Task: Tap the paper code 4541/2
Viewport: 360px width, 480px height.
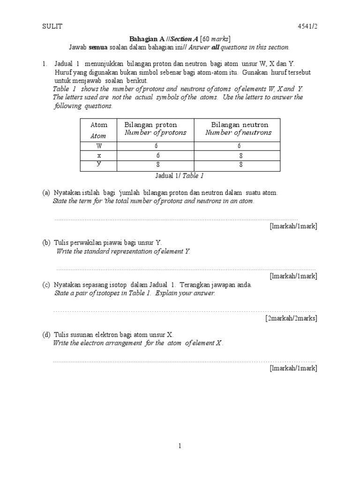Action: click(307, 27)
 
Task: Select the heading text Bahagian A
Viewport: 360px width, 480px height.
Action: click(145, 39)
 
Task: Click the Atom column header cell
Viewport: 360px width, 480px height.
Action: click(98, 130)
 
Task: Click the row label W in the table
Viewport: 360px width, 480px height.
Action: click(98, 146)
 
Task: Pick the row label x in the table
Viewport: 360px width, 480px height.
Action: click(98, 155)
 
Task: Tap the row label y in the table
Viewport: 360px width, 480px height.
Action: click(98, 164)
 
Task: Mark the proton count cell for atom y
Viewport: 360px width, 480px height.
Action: click(157, 165)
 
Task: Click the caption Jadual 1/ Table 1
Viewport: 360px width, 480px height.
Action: click(180, 176)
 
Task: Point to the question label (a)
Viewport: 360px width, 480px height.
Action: click(46, 193)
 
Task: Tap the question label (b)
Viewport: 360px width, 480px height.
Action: click(46, 243)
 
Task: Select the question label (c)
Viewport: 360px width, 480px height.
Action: click(46, 285)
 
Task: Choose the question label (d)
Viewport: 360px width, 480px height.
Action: click(46, 335)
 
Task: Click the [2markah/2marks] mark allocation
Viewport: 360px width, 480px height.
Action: click(291, 318)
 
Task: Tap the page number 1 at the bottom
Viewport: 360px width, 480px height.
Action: click(180, 446)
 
